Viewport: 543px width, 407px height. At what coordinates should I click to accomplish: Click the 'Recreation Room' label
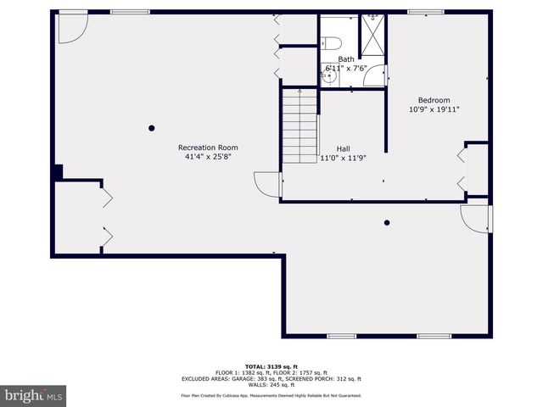point(208,147)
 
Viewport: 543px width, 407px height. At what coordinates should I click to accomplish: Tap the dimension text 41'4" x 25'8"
point(208,157)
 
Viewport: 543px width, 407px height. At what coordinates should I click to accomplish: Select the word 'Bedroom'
point(434,99)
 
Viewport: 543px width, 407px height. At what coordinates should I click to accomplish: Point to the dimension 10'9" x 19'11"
point(434,109)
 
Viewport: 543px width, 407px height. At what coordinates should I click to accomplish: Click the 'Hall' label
point(343,147)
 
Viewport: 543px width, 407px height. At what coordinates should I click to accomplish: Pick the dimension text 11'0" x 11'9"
point(342,158)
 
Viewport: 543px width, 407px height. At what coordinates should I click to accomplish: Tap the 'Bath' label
point(346,59)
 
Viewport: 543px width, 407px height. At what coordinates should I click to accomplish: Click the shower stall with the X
point(372,34)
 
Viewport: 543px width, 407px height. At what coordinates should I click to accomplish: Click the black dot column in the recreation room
point(152,128)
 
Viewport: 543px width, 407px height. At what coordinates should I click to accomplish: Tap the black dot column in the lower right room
point(387,223)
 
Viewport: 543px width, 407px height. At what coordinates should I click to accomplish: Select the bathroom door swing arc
point(373,77)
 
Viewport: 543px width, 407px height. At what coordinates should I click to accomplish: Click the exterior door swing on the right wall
point(475,218)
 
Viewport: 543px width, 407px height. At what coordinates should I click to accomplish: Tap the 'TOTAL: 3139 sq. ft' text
point(271,365)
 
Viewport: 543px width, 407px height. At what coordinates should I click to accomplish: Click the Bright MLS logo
point(33,395)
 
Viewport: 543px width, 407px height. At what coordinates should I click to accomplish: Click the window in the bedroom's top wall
point(419,12)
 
